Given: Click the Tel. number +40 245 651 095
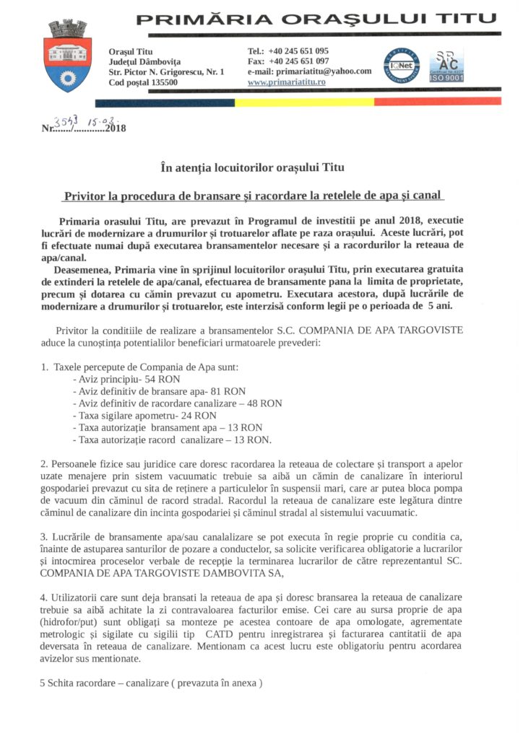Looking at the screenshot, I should tap(298, 51).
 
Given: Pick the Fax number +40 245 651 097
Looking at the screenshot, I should tap(298, 62).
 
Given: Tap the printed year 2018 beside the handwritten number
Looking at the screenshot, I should tap(116, 129).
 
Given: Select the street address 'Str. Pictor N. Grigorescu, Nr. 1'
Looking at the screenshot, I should tap(166, 72).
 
